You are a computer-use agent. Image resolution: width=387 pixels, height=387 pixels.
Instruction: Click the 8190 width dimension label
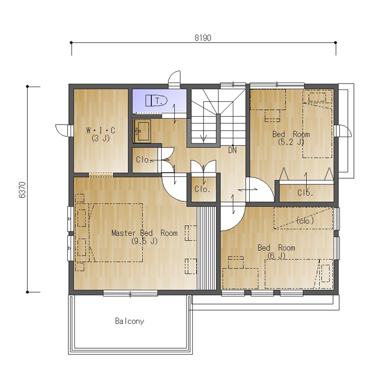[203, 38]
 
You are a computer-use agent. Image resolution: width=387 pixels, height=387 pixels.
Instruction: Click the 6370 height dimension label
[22, 190]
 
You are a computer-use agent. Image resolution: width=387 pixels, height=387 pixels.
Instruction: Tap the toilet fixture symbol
[157, 101]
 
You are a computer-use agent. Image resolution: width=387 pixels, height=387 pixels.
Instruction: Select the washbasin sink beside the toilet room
[142, 131]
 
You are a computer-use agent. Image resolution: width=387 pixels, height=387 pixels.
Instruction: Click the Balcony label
[130, 321]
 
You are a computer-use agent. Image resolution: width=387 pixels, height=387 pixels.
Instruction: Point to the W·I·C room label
[101, 130]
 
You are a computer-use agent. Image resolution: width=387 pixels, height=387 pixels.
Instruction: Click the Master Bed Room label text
[145, 233]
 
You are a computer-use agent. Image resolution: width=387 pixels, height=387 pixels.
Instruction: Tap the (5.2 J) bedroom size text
[291, 142]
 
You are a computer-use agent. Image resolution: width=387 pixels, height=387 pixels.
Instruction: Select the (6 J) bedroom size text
[277, 256]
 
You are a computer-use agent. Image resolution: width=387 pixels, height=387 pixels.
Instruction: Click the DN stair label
[233, 150]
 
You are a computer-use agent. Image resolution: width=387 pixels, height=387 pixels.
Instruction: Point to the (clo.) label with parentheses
[305, 221]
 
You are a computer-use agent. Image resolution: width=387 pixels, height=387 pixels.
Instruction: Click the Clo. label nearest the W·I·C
[143, 160]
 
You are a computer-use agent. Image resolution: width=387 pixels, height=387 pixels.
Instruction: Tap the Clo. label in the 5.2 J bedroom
[305, 192]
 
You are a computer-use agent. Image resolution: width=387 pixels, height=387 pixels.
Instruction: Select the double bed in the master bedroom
[116, 233]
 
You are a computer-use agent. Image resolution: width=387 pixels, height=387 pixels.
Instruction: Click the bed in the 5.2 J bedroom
[318, 124]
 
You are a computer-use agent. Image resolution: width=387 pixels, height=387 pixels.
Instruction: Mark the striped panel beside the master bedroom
[207, 248]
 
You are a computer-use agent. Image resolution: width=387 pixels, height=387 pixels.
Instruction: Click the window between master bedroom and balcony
[130, 293]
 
